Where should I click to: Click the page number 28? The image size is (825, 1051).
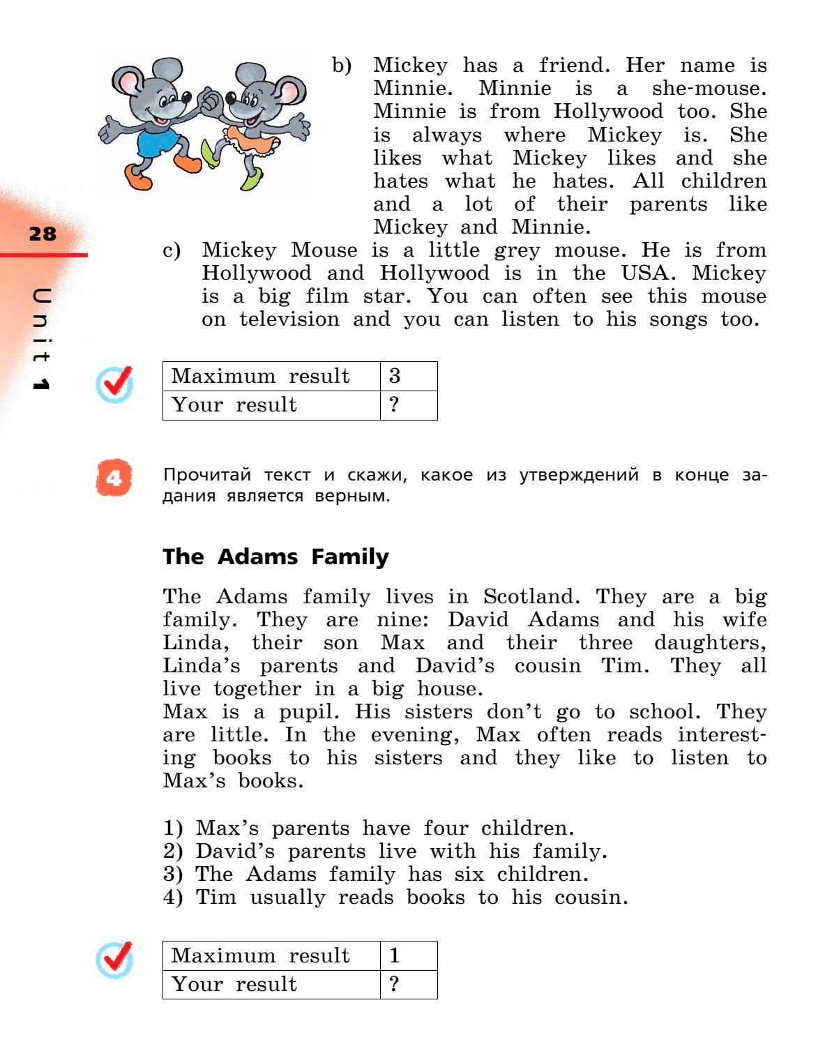coord(43,234)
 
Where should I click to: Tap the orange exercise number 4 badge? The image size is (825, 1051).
coord(114,478)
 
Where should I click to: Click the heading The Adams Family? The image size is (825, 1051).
coord(275,557)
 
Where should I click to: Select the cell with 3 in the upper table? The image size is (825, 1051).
coord(395,376)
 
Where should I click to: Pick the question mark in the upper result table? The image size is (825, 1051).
coord(395,404)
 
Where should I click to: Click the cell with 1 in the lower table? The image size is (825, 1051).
coord(395,955)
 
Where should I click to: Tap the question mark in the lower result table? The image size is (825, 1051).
coord(395,984)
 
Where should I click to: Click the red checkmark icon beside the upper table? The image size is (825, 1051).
coord(115,384)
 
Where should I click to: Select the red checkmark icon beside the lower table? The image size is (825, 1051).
coord(115,960)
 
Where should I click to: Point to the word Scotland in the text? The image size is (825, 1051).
coord(531,597)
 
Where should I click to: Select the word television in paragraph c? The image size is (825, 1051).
coord(289,319)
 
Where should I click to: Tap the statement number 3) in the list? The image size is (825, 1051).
coord(173,875)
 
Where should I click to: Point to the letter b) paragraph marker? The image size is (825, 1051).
coord(342,66)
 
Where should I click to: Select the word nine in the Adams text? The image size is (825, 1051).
coord(403,620)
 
